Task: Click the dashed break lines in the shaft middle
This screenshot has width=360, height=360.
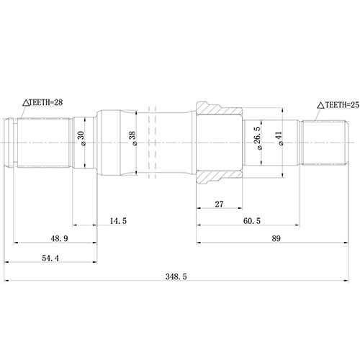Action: coord(152,143)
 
